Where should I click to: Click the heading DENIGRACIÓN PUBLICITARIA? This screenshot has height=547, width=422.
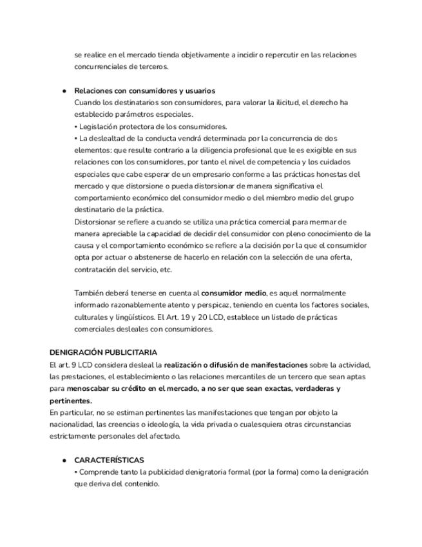click(x=103, y=352)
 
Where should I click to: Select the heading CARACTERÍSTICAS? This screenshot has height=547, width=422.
click(x=109, y=460)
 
